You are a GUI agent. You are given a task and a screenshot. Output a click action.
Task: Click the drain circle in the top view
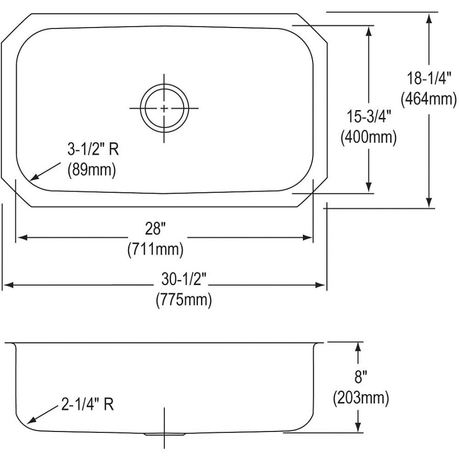(x=164, y=108)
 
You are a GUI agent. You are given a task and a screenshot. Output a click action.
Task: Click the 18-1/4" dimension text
(x=428, y=79)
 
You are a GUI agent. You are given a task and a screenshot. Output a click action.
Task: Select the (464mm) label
(x=428, y=99)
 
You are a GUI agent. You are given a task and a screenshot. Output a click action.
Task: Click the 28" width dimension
(x=156, y=229)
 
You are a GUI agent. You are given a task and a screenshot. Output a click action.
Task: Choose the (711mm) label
(x=156, y=250)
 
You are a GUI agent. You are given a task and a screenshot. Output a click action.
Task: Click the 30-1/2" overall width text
(x=184, y=279)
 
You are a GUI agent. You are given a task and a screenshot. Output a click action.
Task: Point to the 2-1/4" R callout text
(x=88, y=405)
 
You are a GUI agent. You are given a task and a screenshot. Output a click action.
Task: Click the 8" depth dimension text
(x=360, y=377)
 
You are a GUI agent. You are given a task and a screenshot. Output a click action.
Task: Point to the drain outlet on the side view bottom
(x=164, y=434)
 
